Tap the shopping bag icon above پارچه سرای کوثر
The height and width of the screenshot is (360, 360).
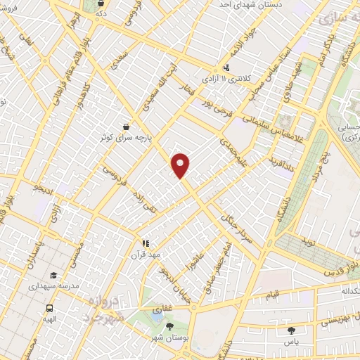[126, 127]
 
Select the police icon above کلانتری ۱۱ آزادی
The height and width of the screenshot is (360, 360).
[226, 68]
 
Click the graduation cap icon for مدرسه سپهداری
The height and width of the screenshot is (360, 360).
[53, 276]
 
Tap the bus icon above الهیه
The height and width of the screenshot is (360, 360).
[49, 308]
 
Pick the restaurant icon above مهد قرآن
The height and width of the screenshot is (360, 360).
[146, 243]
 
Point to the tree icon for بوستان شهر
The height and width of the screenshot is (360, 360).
[169, 326]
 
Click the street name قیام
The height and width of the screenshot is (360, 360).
[271, 293]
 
